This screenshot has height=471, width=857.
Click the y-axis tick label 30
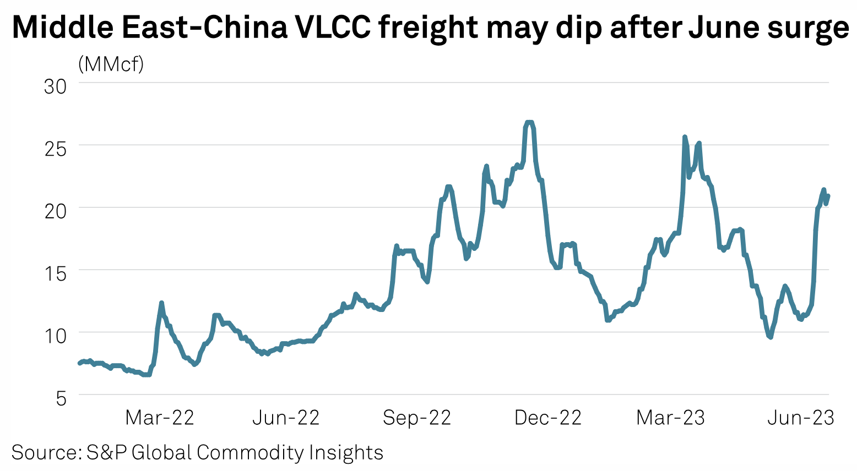click(55, 86)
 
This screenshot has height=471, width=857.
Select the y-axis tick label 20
click(55, 211)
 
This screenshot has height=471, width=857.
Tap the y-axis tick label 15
click(55, 273)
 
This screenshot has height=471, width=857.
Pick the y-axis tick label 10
click(55, 336)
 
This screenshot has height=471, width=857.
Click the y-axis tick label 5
click(61, 398)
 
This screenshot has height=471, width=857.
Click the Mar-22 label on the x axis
click(160, 418)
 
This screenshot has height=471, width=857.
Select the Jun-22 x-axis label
click(286, 418)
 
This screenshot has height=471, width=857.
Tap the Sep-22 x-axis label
click(417, 418)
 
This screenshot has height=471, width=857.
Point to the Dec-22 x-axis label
click(548, 418)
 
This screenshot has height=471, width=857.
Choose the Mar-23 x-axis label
click(670, 418)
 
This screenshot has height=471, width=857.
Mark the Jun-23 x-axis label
click(801, 418)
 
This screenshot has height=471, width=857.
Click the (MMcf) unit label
click(111, 65)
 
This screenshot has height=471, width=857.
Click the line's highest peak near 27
click(529, 122)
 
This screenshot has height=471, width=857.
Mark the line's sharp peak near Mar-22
click(161, 303)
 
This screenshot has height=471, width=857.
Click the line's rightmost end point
click(828, 196)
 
